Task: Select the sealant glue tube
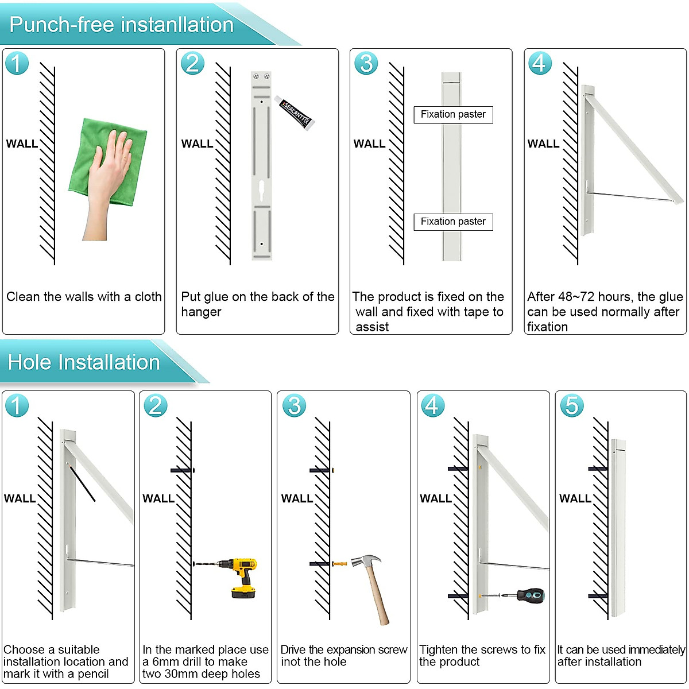click(x=295, y=113)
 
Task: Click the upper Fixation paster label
click(x=453, y=114)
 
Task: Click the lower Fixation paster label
click(x=453, y=222)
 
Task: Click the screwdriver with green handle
click(x=528, y=595)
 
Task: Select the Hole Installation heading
click(x=84, y=362)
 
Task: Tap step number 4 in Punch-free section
click(x=540, y=63)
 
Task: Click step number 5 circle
click(x=571, y=405)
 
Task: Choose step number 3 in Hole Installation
click(x=294, y=405)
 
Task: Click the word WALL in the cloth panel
click(x=22, y=144)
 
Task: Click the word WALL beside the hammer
click(x=297, y=498)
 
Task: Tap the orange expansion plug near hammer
click(x=340, y=563)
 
